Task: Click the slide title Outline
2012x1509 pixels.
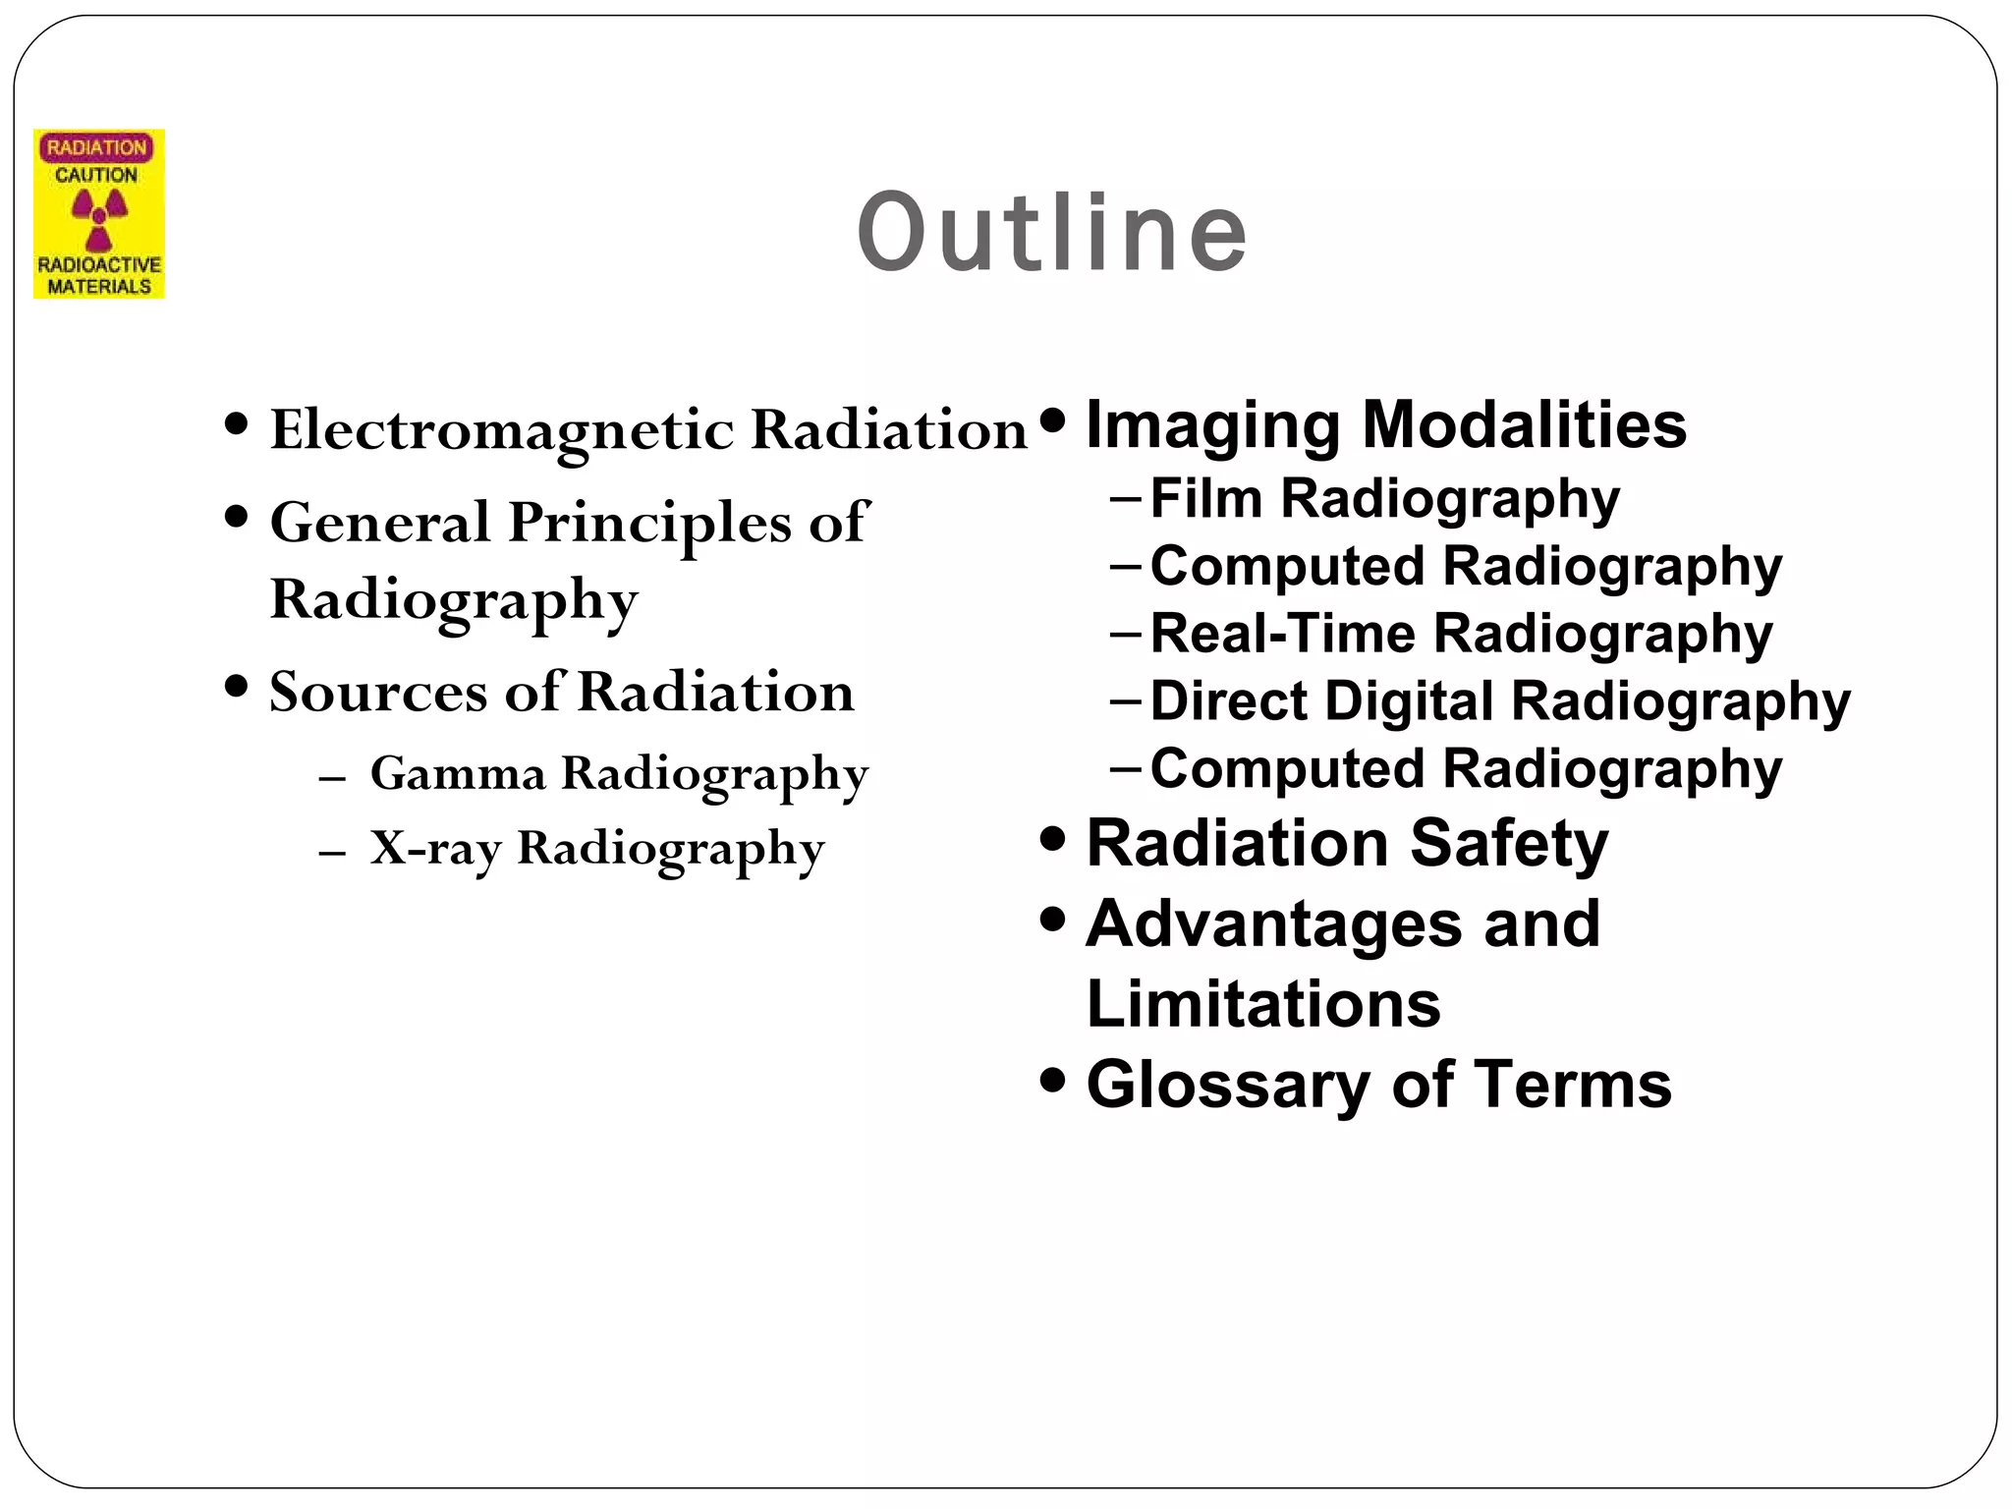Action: (x=1052, y=234)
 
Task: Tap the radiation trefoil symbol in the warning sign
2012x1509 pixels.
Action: (x=99, y=218)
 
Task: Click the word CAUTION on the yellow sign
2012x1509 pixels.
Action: (x=96, y=175)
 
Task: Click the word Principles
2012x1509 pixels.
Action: (x=648, y=522)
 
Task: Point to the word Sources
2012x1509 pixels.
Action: (x=377, y=692)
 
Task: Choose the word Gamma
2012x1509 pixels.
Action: (x=457, y=773)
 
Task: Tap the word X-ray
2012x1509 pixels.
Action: (x=435, y=847)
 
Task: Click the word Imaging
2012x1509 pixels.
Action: (x=1212, y=426)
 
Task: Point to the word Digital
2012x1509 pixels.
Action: (x=1409, y=701)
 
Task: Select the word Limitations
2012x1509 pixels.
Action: (x=1263, y=1004)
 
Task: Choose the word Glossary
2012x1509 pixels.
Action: (x=1228, y=1086)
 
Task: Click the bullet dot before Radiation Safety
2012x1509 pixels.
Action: (x=1052, y=841)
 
